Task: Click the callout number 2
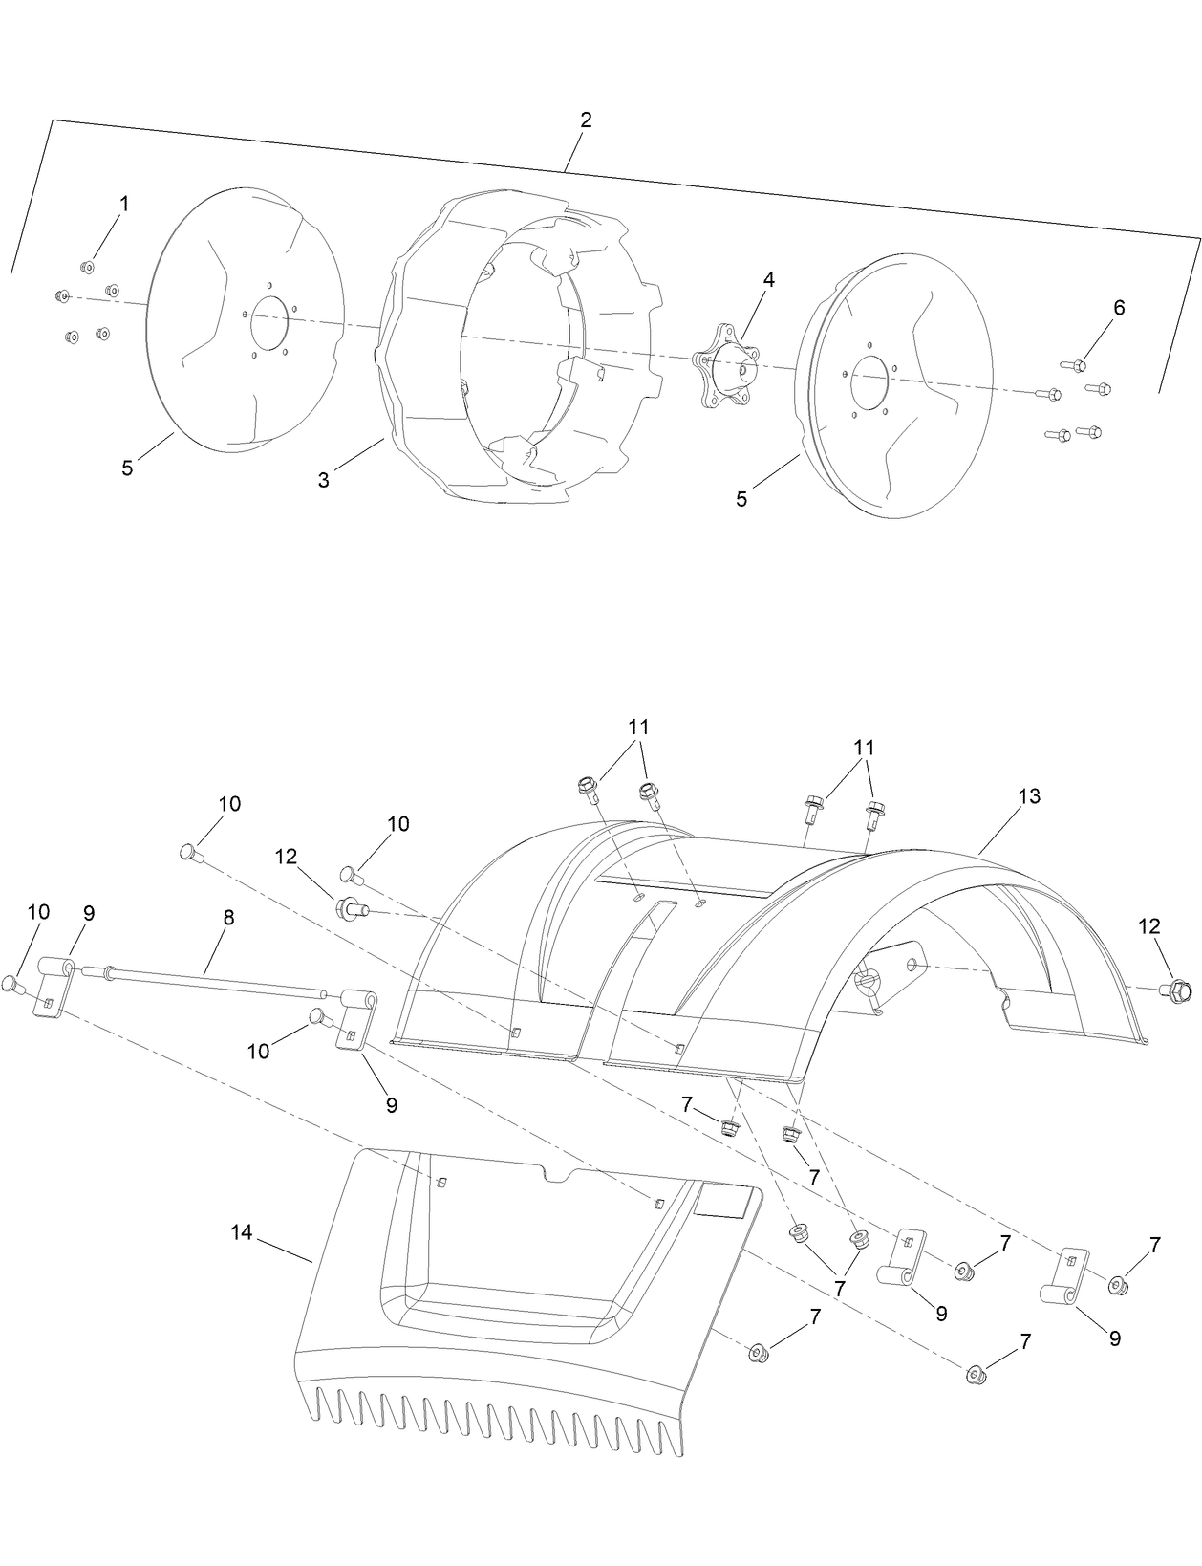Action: point(586,120)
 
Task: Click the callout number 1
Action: point(124,204)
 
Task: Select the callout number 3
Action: point(324,480)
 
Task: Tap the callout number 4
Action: point(768,279)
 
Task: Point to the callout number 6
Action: point(1119,307)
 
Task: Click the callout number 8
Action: point(227,917)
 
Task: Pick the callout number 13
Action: point(1029,796)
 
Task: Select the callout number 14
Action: point(241,1233)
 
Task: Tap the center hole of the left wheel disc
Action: point(268,322)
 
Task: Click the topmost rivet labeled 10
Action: point(189,851)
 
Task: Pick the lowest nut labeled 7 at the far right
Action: point(976,1375)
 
